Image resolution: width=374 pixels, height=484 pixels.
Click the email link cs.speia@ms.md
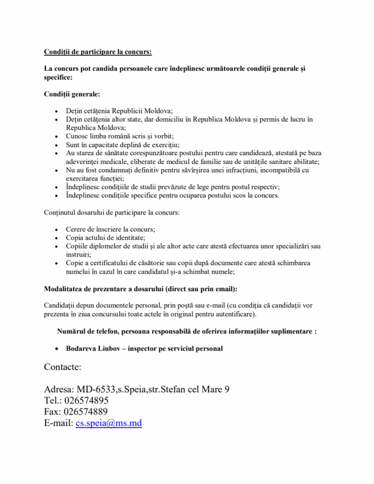pos(109,423)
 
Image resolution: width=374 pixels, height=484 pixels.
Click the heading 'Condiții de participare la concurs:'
pos(98,51)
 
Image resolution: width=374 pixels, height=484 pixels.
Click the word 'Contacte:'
pos(63,367)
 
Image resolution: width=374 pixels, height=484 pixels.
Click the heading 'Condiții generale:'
pos(72,94)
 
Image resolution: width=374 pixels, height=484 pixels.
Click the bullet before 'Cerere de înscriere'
pos(57,230)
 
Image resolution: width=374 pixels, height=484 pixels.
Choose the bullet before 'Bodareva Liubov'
pos(57,349)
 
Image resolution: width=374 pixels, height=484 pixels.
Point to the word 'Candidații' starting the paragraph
pos(61,305)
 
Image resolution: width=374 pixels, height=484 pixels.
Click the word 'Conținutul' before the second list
pos(60,213)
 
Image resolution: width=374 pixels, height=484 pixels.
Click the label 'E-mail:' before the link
pos(59,423)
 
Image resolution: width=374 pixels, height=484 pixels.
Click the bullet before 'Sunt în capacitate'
pos(57,145)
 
